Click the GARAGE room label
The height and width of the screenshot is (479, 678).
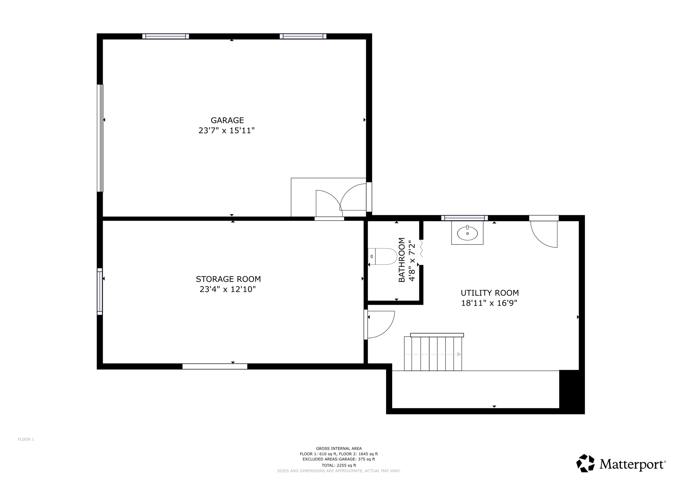point(227,120)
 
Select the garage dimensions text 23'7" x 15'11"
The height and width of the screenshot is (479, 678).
point(226,131)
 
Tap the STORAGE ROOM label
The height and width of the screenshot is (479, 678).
point(228,279)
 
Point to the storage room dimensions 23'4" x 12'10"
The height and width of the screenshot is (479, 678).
point(228,289)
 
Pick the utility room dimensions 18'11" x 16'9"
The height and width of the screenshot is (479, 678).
point(489,303)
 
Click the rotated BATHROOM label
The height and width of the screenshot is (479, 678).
point(402,260)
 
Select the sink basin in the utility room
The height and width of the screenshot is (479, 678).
point(467,234)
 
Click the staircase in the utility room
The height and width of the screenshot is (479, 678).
point(433,354)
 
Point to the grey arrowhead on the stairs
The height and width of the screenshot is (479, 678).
point(459,354)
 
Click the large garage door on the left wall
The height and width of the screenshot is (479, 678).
point(100,138)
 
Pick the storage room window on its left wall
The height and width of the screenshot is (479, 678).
point(100,291)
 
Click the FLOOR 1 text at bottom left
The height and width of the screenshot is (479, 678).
point(26,439)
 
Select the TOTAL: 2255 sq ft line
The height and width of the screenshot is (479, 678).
point(339,465)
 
